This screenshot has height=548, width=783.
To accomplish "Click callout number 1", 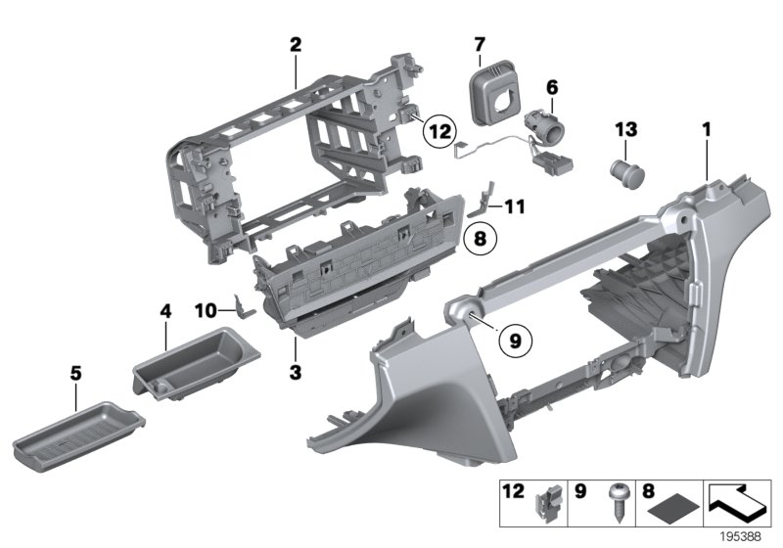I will pyautogui.click(x=706, y=127).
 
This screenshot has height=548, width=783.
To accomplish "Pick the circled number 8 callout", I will pyautogui.click(x=480, y=236).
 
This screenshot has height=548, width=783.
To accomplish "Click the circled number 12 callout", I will pyautogui.click(x=439, y=128).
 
